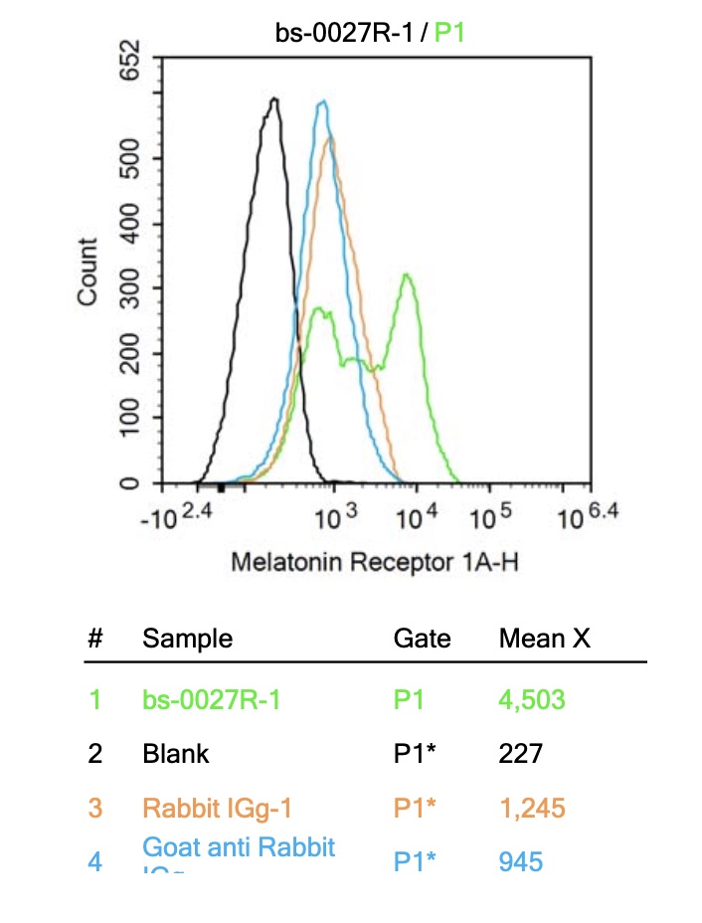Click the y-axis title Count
point(88,272)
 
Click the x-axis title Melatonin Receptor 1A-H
point(375,563)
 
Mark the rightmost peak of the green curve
point(406,276)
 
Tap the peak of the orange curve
point(331,138)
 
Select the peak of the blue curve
point(321,102)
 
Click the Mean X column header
point(544,639)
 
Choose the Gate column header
point(422,639)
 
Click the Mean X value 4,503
point(532,700)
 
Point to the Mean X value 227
point(521,753)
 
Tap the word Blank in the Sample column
point(176,753)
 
